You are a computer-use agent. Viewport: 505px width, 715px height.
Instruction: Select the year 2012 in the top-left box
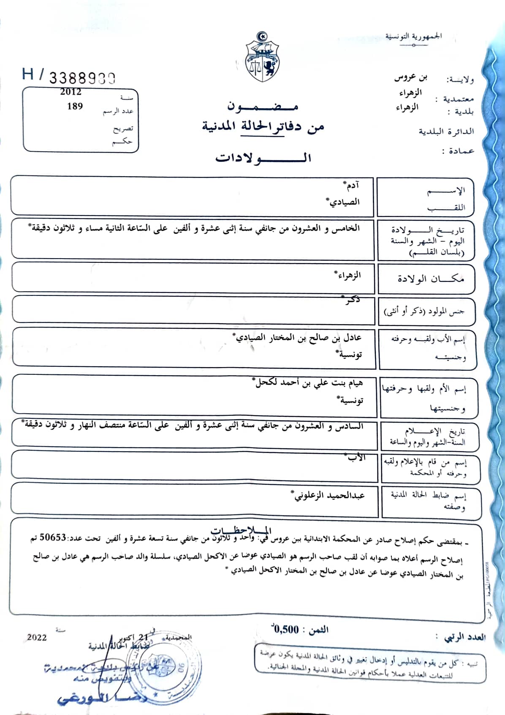[x=71, y=92]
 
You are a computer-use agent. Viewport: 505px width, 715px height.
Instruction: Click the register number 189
[x=75, y=106]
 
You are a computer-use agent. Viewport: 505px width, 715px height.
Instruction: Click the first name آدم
[x=351, y=186]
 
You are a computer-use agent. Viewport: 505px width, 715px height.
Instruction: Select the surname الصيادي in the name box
[x=344, y=202]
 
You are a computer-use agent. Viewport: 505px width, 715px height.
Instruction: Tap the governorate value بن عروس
[x=410, y=78]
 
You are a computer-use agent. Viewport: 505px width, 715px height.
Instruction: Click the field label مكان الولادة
[x=430, y=279]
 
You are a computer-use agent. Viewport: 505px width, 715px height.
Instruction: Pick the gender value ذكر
[x=352, y=300]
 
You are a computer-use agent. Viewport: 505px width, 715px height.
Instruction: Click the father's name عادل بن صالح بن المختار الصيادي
[x=298, y=338]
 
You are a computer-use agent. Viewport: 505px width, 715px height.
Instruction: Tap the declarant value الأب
[x=356, y=458]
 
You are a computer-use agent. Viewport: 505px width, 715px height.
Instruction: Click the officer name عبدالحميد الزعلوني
[x=329, y=495]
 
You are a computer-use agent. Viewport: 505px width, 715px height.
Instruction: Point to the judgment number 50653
[x=53, y=538]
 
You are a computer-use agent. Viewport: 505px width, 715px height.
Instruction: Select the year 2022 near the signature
[x=37, y=637]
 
